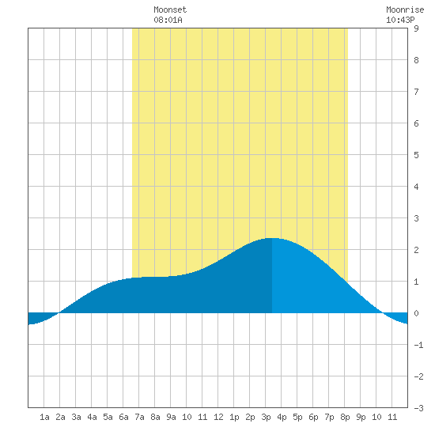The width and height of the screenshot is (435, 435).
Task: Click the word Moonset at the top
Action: point(170,9)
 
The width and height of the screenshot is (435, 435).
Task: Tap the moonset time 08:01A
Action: point(168,20)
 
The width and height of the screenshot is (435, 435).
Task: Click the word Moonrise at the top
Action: point(405,9)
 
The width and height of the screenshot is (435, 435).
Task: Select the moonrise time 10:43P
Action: point(400,20)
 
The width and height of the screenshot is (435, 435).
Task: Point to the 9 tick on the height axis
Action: point(416,28)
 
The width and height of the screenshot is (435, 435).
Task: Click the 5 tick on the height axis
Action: point(416,155)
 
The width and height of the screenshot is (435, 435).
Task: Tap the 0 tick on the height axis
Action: point(416,313)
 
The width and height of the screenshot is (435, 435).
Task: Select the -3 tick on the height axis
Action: point(418,408)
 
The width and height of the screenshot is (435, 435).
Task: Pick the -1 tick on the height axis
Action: point(418,345)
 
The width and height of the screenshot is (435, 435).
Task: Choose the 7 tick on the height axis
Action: point(416,92)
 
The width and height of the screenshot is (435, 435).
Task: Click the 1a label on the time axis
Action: point(44,417)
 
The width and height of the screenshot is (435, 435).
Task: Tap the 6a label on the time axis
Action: point(123,417)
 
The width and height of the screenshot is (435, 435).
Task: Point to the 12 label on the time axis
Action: point(218,417)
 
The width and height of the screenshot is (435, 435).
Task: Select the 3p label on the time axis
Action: point(266,417)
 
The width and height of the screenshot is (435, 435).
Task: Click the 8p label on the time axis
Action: point(345,417)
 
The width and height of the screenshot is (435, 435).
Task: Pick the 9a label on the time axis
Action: point(171,417)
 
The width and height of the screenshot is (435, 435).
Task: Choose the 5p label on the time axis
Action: point(297,417)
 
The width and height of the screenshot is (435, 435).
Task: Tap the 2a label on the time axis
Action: point(60,417)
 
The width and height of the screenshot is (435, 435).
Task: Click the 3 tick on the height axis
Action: point(416,218)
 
